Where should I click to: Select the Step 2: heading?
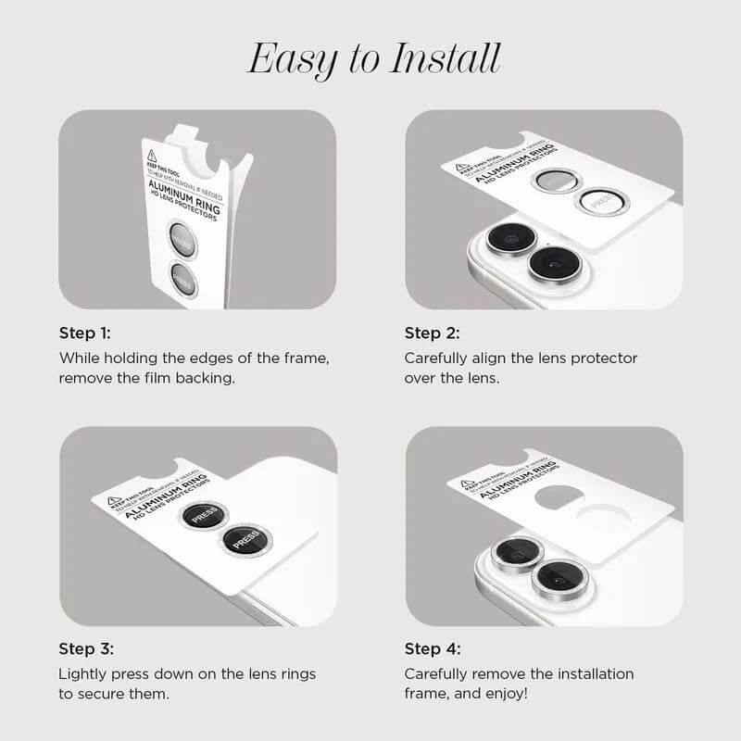coord(432,333)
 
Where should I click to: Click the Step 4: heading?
coord(432,648)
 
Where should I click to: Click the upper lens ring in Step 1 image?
coord(182,239)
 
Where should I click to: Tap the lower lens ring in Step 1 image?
coord(183,280)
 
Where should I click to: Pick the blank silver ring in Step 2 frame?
coord(556,181)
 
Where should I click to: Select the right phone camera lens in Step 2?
coord(553,263)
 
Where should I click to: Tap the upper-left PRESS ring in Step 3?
coord(204,517)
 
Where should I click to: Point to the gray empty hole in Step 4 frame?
coord(559,496)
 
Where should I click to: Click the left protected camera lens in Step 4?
coord(515,553)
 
